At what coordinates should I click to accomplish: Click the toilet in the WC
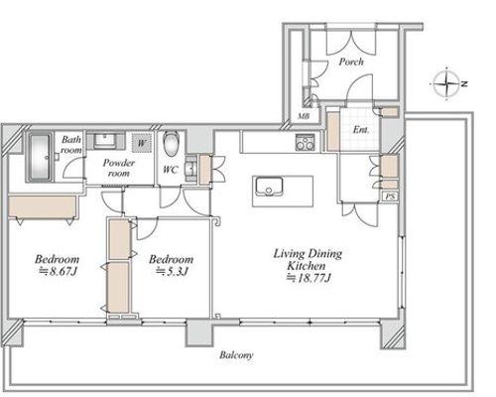coord(171,144)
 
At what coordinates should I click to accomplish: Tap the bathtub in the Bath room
coord(40,157)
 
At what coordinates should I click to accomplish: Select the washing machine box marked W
coord(142,143)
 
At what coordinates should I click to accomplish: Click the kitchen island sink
coord(269,187)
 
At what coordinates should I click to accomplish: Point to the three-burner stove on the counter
coord(306,142)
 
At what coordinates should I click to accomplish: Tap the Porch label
coord(351,62)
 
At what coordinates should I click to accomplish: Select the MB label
coord(304,116)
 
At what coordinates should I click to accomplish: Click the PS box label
coord(390,197)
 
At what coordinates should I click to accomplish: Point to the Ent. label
coord(360,130)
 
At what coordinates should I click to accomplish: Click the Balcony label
coord(236,355)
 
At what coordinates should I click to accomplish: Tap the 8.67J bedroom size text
coord(59,272)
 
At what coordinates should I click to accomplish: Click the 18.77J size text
coord(309,278)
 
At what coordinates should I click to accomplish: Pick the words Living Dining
coord(308,254)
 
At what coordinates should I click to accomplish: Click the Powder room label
coord(119,168)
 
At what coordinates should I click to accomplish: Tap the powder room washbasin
coord(105,141)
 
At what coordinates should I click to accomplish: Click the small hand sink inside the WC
coord(190,168)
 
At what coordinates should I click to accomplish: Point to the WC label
coord(171,170)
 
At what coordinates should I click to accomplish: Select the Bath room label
coord(71,145)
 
